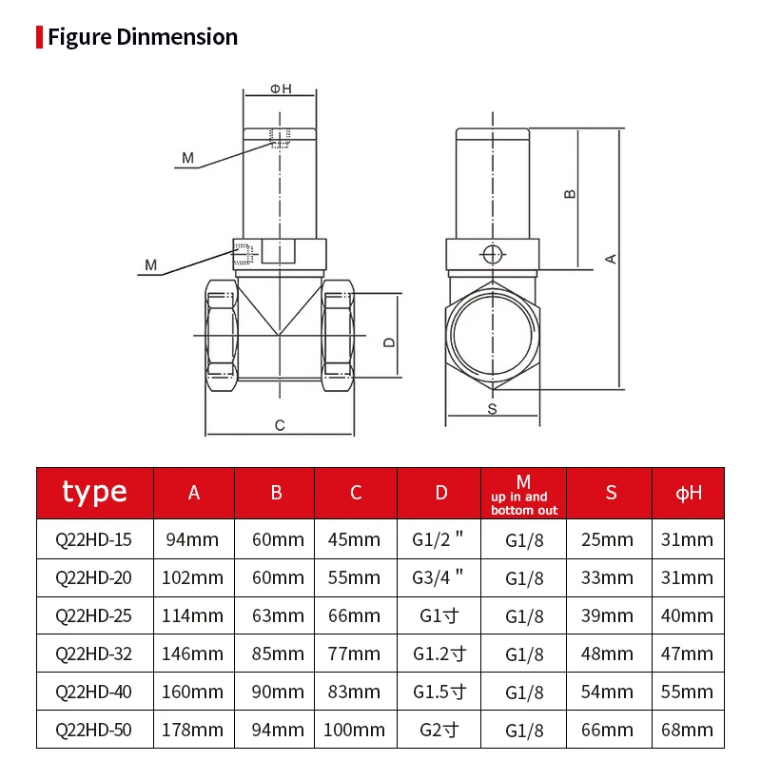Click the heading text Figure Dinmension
pos(142,37)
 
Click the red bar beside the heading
pos(39,37)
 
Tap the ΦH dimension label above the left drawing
pos(281,88)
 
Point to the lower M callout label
pos(150,264)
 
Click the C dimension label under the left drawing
pos(280,425)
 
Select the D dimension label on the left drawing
pos(388,341)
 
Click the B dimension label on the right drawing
pos(570,193)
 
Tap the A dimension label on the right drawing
pos(612,258)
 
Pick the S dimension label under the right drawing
pos(492,409)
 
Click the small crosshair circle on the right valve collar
pos(492,254)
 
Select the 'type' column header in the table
pos(94,492)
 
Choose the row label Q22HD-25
pos(94,615)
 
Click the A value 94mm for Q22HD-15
pos(194,539)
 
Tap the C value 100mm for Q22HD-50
pos(357,730)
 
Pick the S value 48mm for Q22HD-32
pos(607,654)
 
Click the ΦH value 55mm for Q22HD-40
pos(687,692)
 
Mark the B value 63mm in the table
pos(277,615)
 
